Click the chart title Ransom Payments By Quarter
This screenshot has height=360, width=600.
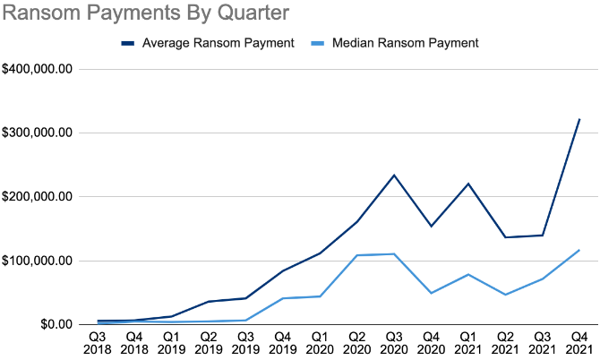click(x=146, y=14)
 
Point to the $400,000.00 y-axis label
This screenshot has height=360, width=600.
click(x=38, y=69)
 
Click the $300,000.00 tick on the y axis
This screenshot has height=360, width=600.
click(x=38, y=133)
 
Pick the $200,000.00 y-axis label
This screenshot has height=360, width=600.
click(x=38, y=197)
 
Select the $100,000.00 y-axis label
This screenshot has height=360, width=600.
click(x=38, y=261)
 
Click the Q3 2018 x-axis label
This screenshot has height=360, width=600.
click(x=96, y=341)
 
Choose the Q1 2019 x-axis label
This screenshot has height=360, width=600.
click(x=170, y=341)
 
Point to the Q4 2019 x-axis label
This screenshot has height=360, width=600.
click(x=282, y=341)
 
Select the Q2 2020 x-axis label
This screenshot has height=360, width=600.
click(x=356, y=341)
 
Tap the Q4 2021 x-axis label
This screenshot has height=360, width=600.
click(x=579, y=341)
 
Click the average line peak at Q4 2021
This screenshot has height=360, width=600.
click(x=579, y=119)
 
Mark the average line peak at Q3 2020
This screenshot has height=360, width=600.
click(x=393, y=175)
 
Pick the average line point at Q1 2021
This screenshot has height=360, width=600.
click(x=467, y=184)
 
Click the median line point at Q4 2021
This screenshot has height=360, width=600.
click(x=579, y=250)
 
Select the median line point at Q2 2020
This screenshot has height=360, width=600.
click(x=356, y=255)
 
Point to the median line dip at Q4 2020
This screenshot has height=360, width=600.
click(x=431, y=293)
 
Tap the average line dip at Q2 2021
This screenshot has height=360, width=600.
click(x=505, y=237)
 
